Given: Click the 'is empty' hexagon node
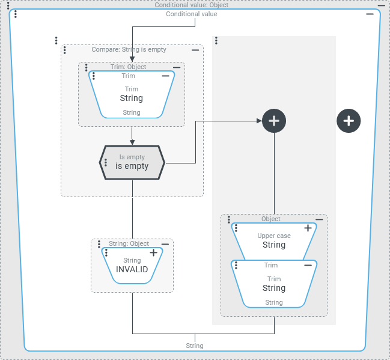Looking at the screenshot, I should tap(132, 162).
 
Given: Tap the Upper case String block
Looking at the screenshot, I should tap(273, 240).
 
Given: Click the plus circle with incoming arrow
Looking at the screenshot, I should tap(274, 121).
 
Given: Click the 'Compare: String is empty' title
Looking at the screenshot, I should tap(129, 50).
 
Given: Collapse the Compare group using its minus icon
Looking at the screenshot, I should tap(195, 50).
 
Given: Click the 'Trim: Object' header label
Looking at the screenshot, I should tap(128, 67).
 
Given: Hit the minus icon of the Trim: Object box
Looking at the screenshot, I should tap(176, 67).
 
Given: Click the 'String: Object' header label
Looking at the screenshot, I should tap(129, 243).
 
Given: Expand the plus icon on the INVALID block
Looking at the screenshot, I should tap(153, 253).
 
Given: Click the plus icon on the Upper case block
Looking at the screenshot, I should tap(308, 228).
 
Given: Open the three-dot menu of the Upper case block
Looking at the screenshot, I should tap(236, 228).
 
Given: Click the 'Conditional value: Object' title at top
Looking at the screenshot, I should tap(191, 5).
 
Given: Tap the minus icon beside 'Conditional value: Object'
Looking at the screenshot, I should tap(381, 5).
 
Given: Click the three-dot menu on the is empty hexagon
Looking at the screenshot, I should tap(106, 162).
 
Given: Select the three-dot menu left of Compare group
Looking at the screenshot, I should tap(56, 40).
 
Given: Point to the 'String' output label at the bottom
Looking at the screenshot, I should tap(195, 346).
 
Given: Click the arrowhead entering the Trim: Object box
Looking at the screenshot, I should tap(132, 59).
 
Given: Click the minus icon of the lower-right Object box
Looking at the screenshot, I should tap(319, 219).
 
